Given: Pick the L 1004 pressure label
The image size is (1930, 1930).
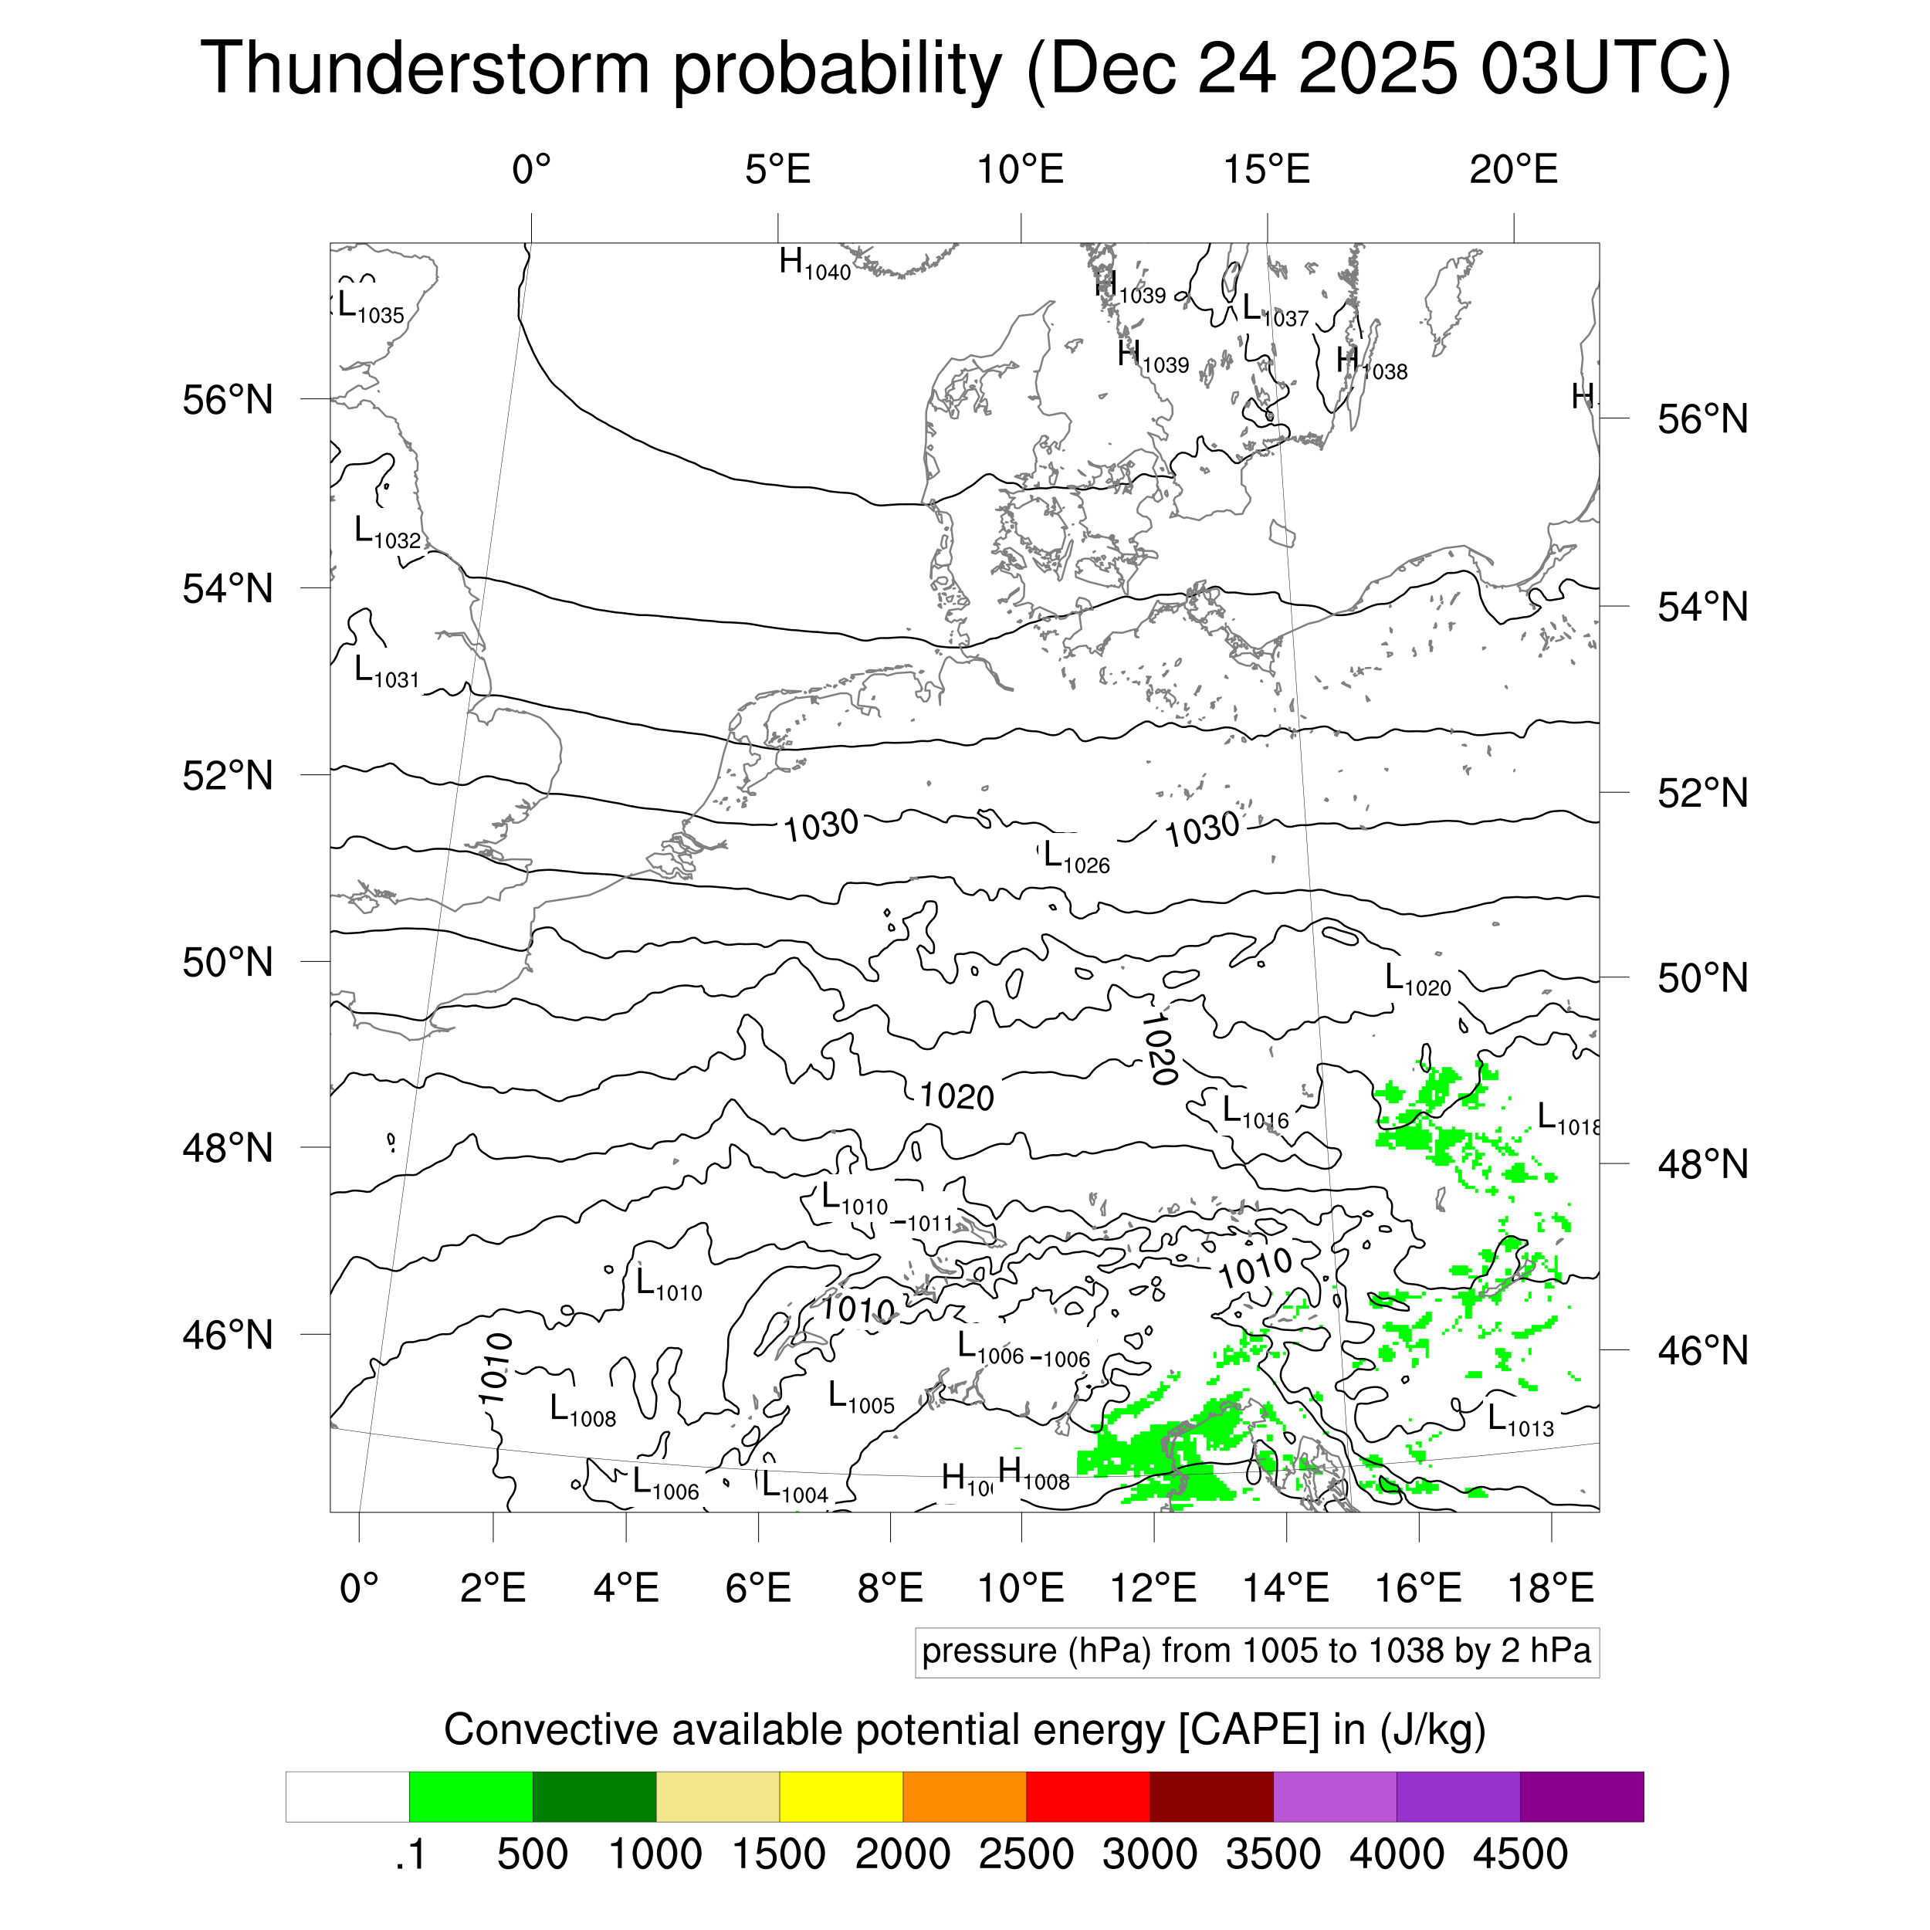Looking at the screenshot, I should pos(794,1488).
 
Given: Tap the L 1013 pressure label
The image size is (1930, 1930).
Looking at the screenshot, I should pos(1519,1421).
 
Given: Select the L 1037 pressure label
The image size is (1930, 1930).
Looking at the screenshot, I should pos(1275,310).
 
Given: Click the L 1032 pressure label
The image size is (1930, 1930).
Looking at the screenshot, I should pos(388,533).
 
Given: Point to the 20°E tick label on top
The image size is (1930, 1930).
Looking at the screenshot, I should pos(1512,171).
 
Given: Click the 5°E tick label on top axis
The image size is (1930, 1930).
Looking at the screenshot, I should pos(777,171).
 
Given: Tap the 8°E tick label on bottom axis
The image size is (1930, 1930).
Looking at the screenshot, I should pos(890,1587).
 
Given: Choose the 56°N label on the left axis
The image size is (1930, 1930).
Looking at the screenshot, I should pos(228,401).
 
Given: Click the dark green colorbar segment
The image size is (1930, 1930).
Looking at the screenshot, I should pos(594,1797).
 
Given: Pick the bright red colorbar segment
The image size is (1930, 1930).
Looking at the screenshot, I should pos(1087,1797).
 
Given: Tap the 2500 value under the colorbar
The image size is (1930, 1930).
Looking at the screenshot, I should pos(1025,1854).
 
